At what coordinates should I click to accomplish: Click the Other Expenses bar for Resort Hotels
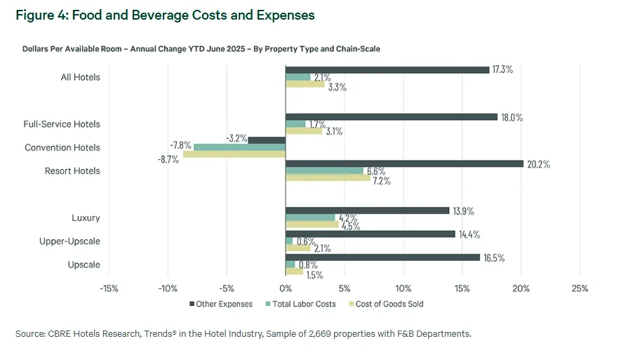(404, 164)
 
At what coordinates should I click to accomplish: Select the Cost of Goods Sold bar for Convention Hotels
(234, 154)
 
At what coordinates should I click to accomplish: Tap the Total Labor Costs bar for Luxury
(310, 218)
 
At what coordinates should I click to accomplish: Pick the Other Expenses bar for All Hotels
(387, 70)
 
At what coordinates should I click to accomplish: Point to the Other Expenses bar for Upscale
(382, 258)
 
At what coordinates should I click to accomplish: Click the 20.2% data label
(538, 164)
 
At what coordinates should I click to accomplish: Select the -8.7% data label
(168, 159)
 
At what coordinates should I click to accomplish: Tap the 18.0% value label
(512, 118)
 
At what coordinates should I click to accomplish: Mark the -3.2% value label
(236, 139)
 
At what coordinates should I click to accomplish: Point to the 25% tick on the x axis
(580, 288)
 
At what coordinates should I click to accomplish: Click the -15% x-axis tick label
(109, 288)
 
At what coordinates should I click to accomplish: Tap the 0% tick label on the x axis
(285, 288)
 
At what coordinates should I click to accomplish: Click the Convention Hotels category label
(62, 147)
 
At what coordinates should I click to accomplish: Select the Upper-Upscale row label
(69, 241)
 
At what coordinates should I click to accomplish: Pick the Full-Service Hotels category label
(62, 124)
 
